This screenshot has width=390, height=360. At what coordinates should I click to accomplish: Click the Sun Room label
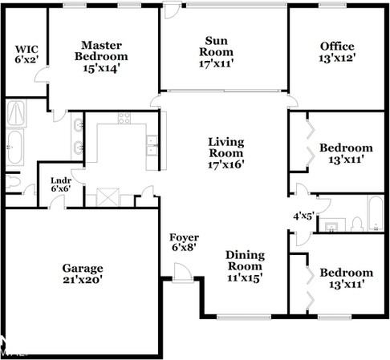point(216,47)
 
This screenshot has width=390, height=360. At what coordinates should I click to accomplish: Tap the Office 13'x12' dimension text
point(337,58)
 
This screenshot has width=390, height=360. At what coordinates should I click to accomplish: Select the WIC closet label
point(26,49)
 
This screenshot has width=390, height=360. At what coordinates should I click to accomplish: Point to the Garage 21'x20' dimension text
point(83,280)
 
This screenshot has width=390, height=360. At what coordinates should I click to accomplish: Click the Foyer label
point(184,237)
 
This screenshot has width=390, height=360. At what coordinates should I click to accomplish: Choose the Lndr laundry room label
point(61,180)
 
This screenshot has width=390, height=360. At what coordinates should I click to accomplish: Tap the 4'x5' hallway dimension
point(303,216)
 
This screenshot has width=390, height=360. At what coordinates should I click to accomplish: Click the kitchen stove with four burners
point(124,118)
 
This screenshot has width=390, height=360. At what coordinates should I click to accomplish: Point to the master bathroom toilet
point(13,181)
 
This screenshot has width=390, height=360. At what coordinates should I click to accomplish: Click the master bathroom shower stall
point(16,113)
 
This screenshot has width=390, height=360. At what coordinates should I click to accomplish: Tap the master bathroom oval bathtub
point(15,147)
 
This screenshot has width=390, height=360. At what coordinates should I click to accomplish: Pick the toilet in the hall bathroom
point(357,224)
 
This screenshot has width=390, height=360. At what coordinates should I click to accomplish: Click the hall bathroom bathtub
point(376,213)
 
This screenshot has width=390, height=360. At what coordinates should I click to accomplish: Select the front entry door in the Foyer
point(183,273)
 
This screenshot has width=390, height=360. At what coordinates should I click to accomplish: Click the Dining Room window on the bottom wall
point(244,317)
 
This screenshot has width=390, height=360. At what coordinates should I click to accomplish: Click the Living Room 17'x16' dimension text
point(226,164)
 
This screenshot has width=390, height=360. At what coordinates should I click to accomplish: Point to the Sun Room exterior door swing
point(171,10)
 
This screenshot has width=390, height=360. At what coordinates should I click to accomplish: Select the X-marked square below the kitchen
point(108,197)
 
